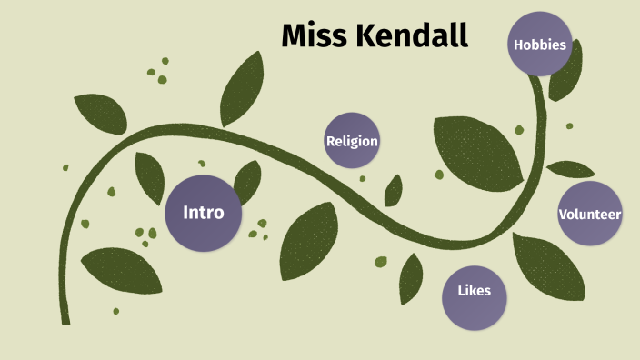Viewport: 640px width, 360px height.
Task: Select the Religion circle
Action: (x=352, y=141)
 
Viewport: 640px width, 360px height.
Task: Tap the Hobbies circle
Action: (x=539, y=44)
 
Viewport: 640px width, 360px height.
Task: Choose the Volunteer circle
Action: (x=589, y=215)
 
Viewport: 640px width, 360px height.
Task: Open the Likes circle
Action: (x=474, y=291)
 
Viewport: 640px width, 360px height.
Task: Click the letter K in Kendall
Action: (x=365, y=35)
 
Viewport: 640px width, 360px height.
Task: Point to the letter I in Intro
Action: (x=185, y=213)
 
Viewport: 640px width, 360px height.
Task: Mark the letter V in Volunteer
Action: (x=563, y=215)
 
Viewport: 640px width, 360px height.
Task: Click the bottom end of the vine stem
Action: (x=65, y=319)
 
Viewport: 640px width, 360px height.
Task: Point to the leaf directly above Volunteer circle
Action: (x=570, y=169)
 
